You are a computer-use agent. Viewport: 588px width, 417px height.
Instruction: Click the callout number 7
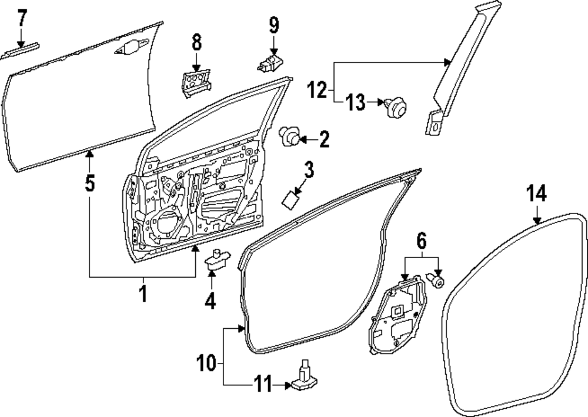22,19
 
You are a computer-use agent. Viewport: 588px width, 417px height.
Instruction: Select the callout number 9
274,25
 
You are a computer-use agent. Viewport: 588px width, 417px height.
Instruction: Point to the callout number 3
308,170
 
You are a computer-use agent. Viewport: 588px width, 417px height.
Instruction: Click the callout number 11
262,385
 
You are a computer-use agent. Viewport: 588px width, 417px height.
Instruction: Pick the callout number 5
89,184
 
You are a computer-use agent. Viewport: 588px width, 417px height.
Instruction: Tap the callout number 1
142,293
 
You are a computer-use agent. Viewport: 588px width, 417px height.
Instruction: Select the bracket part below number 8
194,82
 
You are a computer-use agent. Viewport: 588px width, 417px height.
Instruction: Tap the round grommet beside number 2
289,137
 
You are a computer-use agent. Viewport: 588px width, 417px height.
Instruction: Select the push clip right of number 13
396,106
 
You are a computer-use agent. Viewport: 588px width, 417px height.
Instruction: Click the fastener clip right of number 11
303,379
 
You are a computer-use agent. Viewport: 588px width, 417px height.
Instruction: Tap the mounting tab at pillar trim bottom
434,122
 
